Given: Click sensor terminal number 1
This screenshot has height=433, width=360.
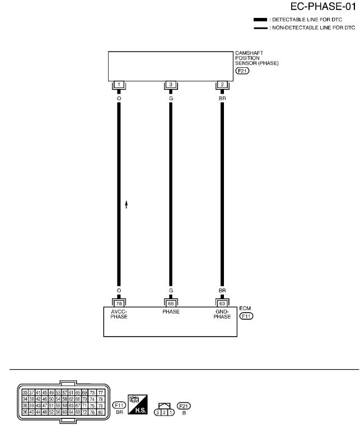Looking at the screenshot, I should (119, 85).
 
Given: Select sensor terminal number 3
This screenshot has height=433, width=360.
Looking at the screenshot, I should (171, 85).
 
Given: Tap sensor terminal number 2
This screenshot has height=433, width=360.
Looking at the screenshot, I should (222, 85).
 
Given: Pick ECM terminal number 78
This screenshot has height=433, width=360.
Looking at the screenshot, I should (119, 303).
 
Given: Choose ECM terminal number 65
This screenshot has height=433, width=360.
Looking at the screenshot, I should (171, 303).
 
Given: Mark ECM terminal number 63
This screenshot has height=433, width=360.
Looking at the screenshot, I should (222, 303).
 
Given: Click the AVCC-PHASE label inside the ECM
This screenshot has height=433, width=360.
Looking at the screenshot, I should (119, 314).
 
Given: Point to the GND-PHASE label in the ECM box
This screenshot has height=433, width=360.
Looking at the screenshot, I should (222, 314).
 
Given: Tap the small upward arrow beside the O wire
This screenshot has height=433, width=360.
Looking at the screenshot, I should (127, 205).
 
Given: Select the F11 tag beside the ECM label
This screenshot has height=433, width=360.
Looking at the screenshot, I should (246, 316).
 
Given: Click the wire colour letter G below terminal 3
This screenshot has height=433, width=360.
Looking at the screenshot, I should (171, 98).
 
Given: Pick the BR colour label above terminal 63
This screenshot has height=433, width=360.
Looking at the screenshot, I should (222, 291).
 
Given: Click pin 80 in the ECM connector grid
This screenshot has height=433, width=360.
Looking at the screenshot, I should (101, 411).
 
